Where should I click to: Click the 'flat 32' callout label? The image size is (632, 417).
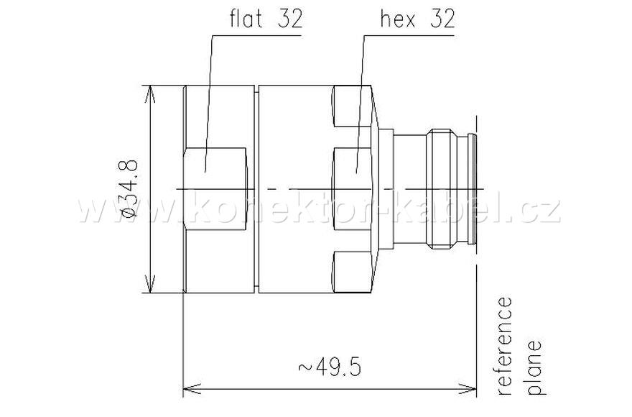266,19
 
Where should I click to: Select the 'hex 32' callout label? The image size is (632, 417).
417,19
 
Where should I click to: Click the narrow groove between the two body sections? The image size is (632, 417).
256,190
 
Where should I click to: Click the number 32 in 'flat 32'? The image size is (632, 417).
290,19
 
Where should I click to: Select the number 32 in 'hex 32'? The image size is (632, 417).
441,19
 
